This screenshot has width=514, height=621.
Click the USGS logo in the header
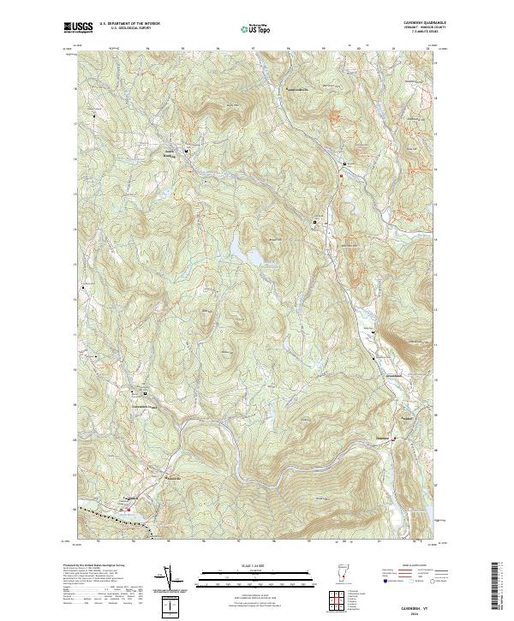[x=78, y=28]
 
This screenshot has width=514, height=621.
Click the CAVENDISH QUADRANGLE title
[x=418, y=21]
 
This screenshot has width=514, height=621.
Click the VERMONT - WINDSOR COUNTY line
[x=418, y=27]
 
